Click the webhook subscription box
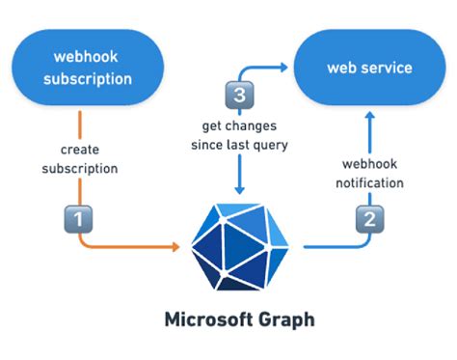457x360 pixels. click(x=86, y=69)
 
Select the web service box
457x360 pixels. click(x=369, y=68)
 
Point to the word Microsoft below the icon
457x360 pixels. click(x=205, y=318)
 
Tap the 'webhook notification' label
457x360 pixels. click(x=370, y=173)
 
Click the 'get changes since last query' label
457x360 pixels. click(x=237, y=135)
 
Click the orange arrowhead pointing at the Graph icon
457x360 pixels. click(x=175, y=248)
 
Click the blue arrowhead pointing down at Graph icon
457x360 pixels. click(x=238, y=188)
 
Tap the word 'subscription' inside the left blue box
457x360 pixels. click(x=86, y=78)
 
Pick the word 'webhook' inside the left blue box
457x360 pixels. click(x=86, y=57)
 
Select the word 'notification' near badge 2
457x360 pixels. click(x=370, y=182)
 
